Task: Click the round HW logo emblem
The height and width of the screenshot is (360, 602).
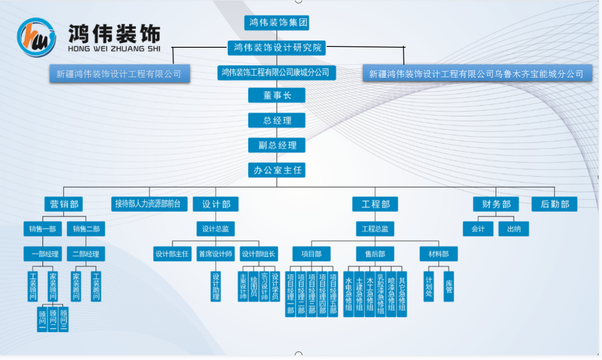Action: click(36, 37)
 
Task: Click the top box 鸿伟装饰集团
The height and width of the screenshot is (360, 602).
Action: click(276, 23)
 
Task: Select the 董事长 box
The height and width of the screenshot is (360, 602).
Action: click(276, 95)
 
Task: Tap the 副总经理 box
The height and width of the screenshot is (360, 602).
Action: click(276, 145)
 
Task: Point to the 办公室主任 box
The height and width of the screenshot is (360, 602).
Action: click(276, 170)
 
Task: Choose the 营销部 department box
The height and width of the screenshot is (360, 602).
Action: click(64, 204)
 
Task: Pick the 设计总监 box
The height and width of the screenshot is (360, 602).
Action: click(216, 229)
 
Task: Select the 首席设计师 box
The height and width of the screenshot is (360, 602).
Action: click(216, 254)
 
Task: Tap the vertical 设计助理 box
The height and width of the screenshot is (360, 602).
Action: click(216, 286)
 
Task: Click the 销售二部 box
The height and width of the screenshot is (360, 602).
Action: click(86, 229)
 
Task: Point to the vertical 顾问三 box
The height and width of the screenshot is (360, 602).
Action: click(63, 319)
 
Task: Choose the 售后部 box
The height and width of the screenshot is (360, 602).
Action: click(375, 254)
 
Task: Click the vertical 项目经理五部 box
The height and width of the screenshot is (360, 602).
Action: click(333, 294)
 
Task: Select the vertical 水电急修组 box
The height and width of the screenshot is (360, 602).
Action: click(348, 294)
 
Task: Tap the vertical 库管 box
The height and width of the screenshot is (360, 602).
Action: click(449, 286)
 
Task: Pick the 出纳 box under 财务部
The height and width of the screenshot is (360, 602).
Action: click(513, 229)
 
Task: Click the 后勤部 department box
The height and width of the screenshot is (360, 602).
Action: click(554, 204)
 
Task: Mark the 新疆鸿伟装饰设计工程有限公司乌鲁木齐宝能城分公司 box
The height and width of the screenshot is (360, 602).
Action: click(477, 73)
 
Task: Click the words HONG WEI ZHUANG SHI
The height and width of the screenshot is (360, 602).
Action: click(114, 49)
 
